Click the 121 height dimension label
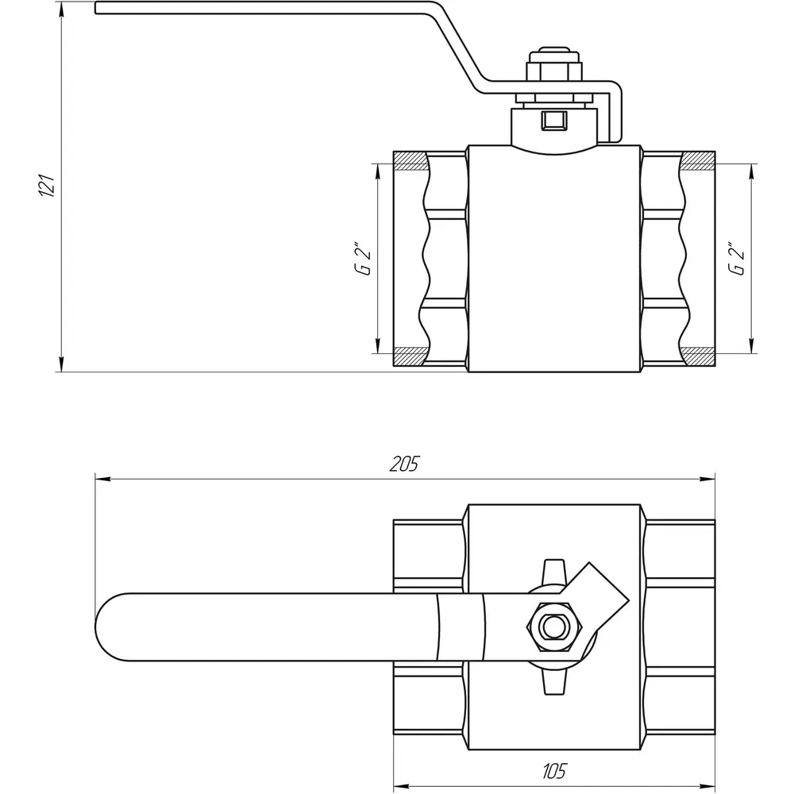(x=47, y=185)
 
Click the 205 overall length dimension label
(x=405, y=464)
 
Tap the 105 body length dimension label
(x=554, y=771)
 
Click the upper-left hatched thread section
(x=410, y=160)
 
